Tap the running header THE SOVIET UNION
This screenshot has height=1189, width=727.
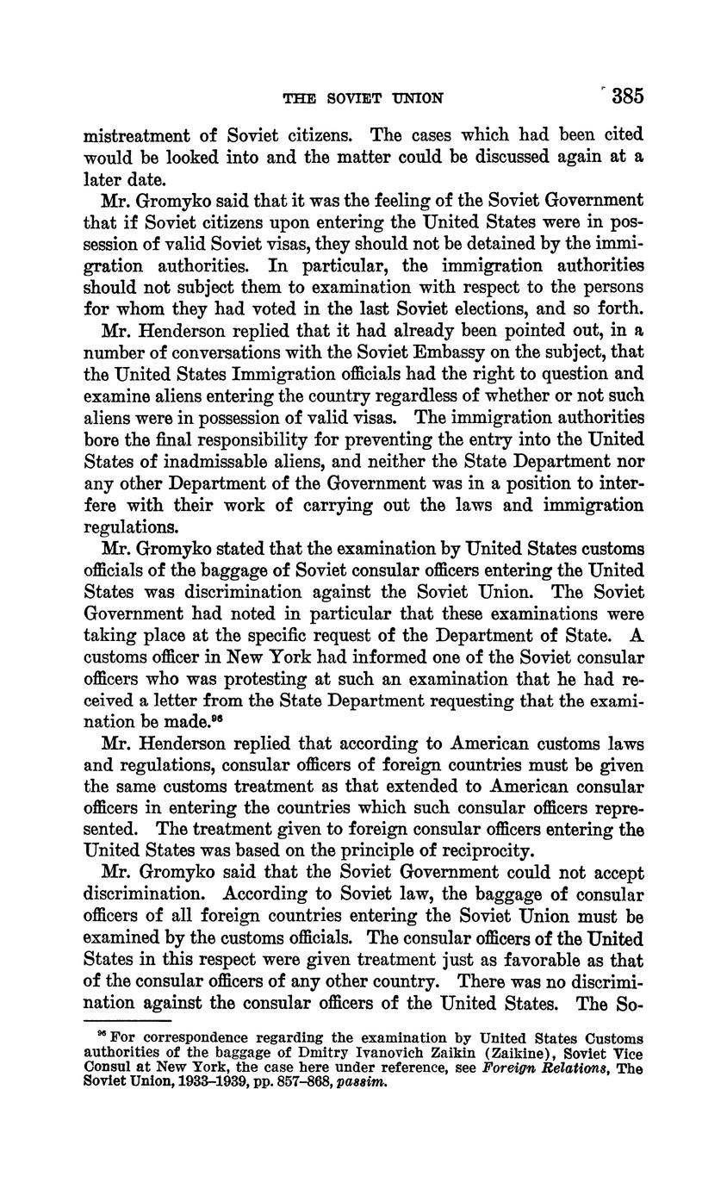[363, 98]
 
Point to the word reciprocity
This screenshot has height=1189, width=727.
[482, 851]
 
